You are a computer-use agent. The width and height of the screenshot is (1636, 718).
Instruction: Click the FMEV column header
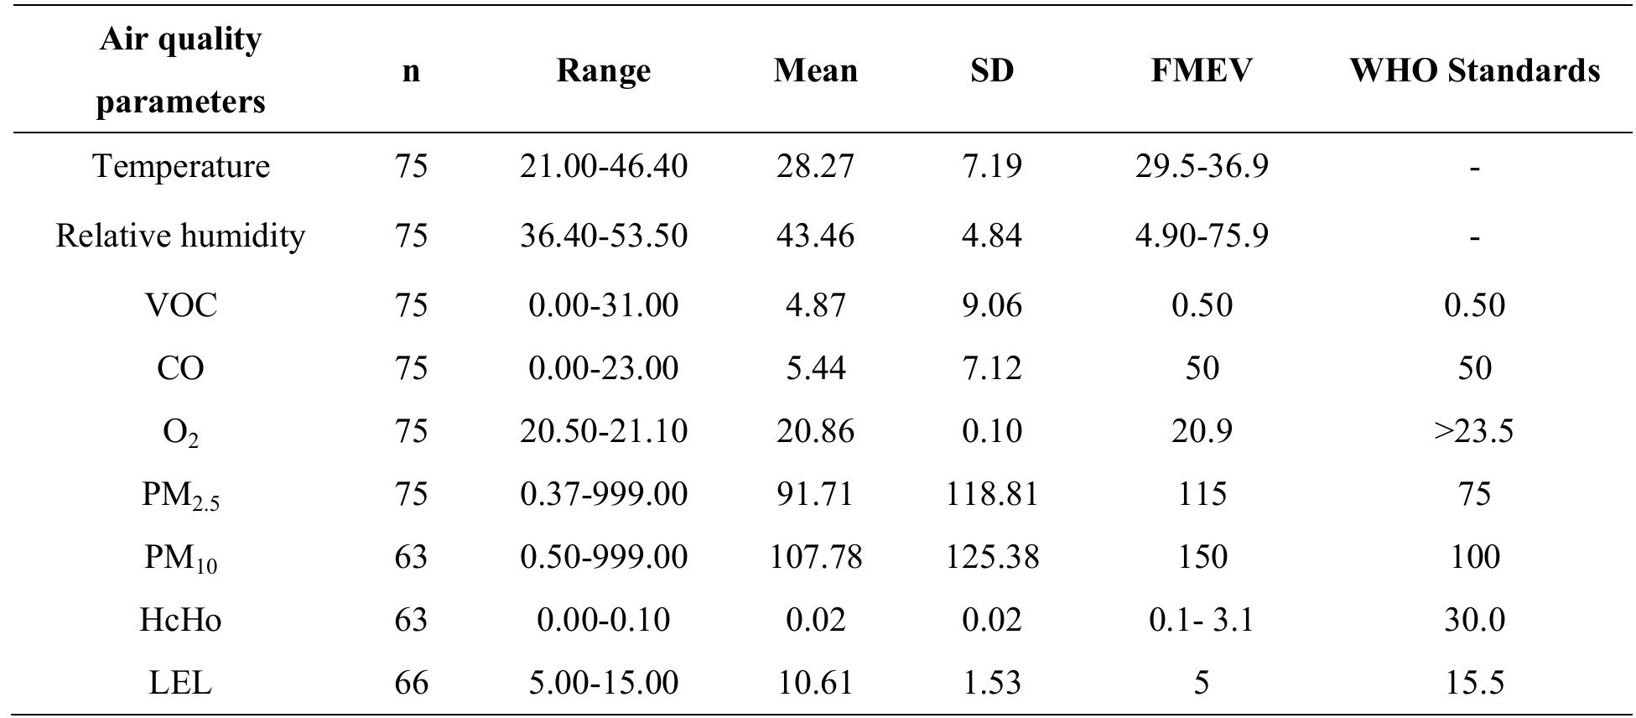pos(1201,70)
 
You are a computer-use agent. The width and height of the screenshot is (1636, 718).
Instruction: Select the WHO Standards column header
pos(1474,70)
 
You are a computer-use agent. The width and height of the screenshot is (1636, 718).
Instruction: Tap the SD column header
pos(992,70)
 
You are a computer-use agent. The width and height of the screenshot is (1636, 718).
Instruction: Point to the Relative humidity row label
pos(180,236)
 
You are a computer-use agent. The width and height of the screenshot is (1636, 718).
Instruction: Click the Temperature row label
pos(180,166)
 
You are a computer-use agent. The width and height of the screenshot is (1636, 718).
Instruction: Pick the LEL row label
pos(180,683)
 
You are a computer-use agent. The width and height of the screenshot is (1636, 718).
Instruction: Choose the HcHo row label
pos(180,620)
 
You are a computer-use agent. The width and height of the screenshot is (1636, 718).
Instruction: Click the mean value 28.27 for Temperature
pos(815,166)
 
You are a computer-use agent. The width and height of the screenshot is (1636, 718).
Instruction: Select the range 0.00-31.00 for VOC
pos(603,304)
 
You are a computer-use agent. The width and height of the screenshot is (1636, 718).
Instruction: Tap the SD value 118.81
pos(992,494)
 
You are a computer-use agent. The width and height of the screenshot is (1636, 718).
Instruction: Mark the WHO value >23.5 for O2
pos(1474,431)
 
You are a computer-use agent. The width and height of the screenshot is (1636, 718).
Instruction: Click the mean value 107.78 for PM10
pos(815,557)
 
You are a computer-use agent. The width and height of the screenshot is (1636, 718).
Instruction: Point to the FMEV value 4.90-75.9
pos(1201,236)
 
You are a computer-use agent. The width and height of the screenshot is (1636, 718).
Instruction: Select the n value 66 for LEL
pos(411,683)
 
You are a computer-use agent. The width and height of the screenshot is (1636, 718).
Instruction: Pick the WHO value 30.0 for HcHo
pos(1474,620)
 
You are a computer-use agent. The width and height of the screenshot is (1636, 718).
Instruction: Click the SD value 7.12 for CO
pos(992,368)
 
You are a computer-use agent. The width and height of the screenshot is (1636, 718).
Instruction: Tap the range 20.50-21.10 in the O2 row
pos(603,431)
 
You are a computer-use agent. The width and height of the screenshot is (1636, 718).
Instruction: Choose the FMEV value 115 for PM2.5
pos(1201,494)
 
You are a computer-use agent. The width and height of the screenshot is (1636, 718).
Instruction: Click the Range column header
pos(603,70)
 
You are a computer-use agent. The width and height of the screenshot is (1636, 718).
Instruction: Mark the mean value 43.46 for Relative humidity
pos(815,236)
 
